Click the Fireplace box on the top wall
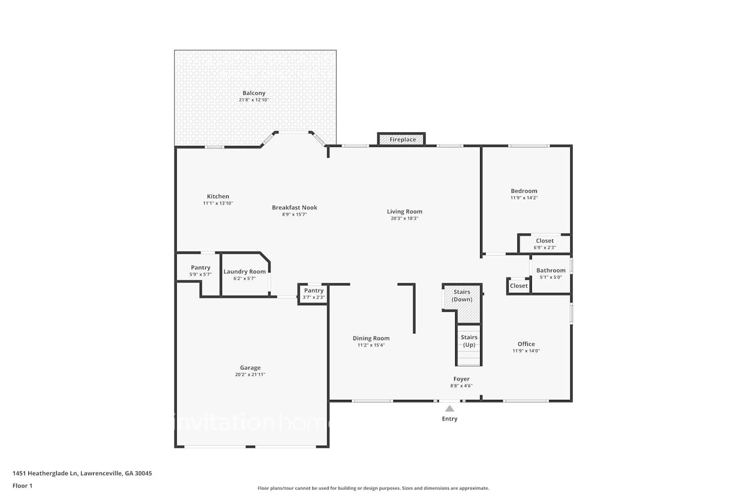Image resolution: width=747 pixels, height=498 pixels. pyautogui.click(x=402, y=139)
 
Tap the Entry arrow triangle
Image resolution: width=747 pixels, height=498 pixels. pyautogui.click(x=450, y=409)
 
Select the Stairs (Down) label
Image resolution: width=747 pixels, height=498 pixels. pyautogui.click(x=462, y=296)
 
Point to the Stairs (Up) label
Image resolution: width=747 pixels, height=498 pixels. pyautogui.click(x=469, y=341)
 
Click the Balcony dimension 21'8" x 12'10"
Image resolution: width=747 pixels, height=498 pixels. pyautogui.click(x=253, y=100)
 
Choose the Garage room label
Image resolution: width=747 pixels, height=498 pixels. pyautogui.click(x=250, y=368)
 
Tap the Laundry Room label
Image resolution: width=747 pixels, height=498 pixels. pyautogui.click(x=245, y=271)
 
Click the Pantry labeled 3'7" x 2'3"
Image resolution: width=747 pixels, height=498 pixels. pyautogui.click(x=314, y=294)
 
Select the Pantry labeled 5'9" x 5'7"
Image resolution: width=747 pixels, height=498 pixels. pyautogui.click(x=201, y=271)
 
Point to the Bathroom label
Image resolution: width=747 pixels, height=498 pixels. pyautogui.click(x=551, y=270)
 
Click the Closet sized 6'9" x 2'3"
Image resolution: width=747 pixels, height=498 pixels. pyautogui.click(x=545, y=244)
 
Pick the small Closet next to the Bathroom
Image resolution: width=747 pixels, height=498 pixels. pyautogui.click(x=518, y=286)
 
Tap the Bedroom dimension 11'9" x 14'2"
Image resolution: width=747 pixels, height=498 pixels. pyautogui.click(x=524, y=198)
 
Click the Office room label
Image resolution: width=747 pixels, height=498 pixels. pyautogui.click(x=526, y=344)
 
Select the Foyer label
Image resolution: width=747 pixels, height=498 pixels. pyautogui.click(x=461, y=379)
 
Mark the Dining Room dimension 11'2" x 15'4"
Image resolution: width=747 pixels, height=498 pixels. pyautogui.click(x=371, y=345)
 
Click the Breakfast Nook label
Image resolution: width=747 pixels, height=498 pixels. pyautogui.click(x=294, y=207)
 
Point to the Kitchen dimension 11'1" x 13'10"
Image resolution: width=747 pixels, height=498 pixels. pyautogui.click(x=218, y=203)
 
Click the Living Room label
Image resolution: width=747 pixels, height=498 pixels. pyautogui.click(x=404, y=211)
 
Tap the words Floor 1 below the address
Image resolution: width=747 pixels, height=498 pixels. pyautogui.click(x=22, y=486)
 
